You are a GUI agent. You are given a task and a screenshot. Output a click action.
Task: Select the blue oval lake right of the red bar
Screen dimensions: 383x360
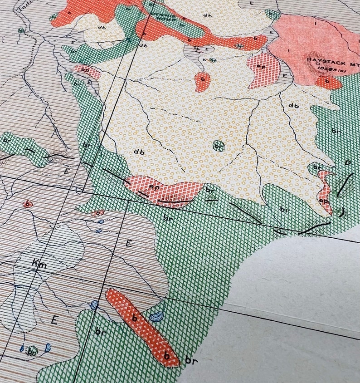pyautogui.click(x=157, y=316)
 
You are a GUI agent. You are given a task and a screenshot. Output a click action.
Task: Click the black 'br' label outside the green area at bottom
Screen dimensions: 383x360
pyautogui.click(x=190, y=362)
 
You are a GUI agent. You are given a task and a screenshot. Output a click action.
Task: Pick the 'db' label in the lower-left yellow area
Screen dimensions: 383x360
pyautogui.click(x=139, y=152)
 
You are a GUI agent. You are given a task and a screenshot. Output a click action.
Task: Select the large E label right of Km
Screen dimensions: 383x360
pyautogui.click(x=128, y=244)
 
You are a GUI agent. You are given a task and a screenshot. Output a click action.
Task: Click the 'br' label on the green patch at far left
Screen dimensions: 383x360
pyautogui.click(x=7, y=139)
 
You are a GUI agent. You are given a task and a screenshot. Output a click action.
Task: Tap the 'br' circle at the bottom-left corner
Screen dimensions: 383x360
pyautogui.click(x=31, y=351)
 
